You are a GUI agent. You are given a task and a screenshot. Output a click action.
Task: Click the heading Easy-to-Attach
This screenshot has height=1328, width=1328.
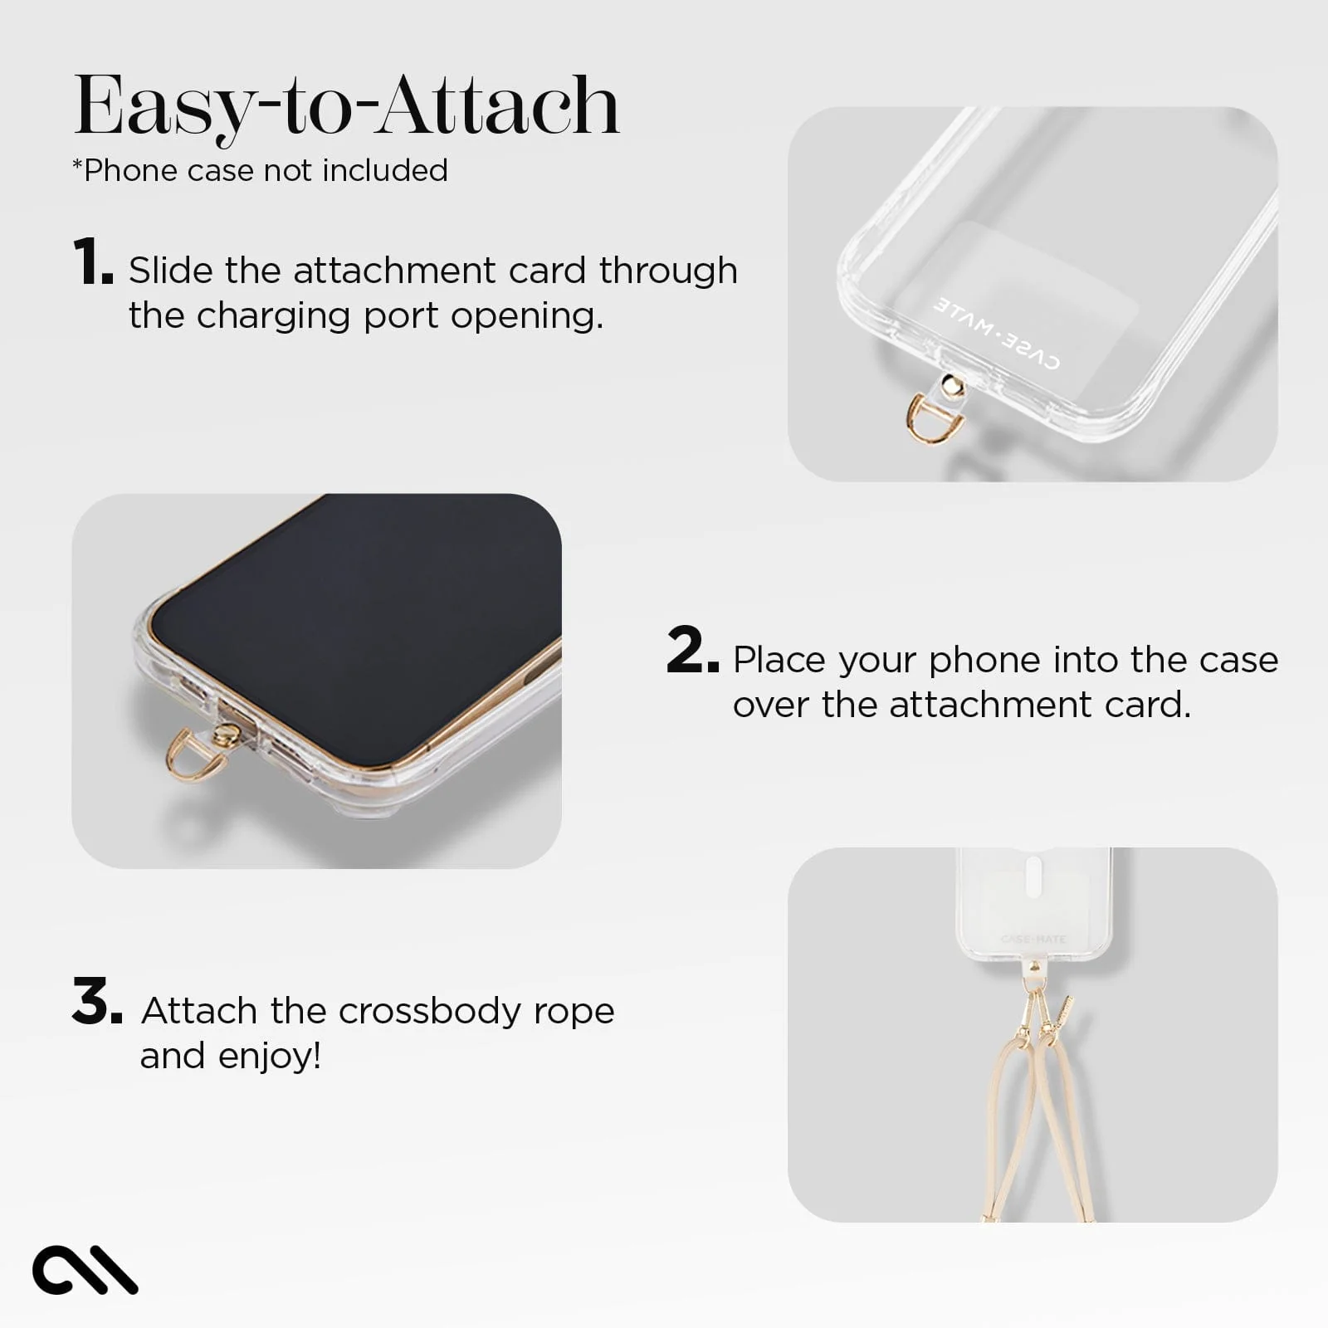point(347,105)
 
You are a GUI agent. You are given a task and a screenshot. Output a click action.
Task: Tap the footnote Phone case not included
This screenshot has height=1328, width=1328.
point(261,170)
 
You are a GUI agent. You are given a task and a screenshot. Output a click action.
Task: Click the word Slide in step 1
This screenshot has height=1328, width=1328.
point(170,271)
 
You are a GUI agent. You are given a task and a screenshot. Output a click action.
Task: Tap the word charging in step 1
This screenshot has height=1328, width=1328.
point(274,316)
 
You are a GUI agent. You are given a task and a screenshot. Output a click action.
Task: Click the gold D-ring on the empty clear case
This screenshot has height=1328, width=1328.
point(924,419)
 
